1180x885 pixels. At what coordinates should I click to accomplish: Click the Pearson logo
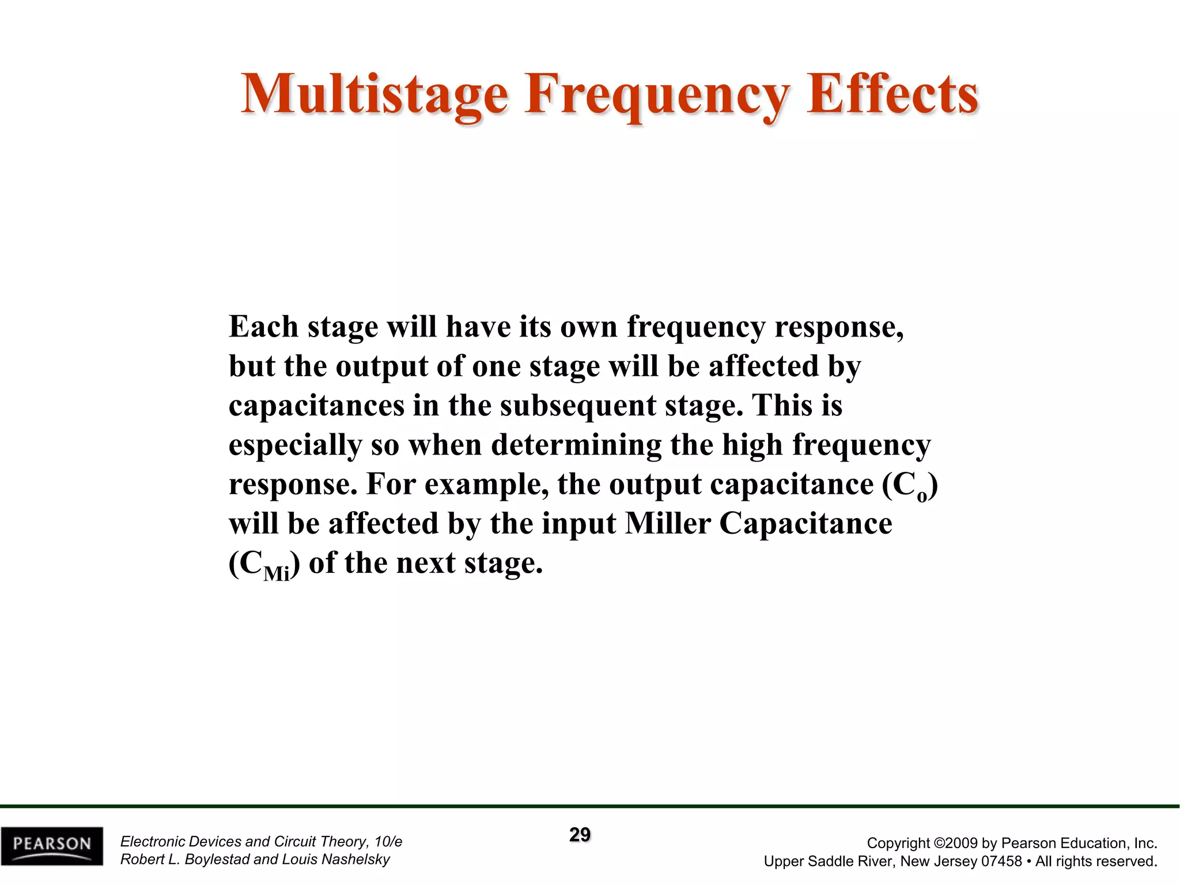tap(52, 845)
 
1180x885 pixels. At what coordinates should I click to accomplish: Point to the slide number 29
tap(580, 835)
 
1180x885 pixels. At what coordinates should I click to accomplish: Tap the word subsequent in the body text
tap(578, 406)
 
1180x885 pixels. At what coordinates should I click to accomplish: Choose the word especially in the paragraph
tap(295, 445)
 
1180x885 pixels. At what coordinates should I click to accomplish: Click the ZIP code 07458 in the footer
tap(1001, 861)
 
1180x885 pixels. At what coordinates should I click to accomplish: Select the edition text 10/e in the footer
tap(388, 841)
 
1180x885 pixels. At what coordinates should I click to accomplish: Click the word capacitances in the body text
tap(316, 406)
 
